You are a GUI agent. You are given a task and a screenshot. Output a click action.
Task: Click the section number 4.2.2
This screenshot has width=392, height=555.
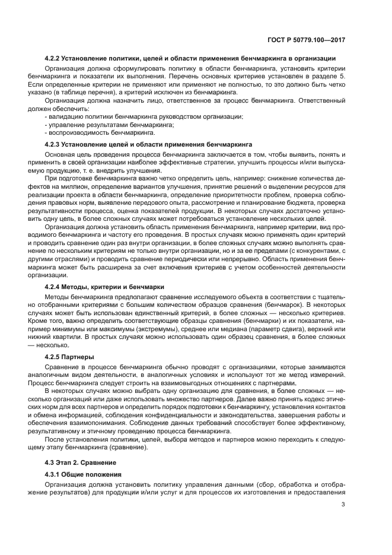point(55,58)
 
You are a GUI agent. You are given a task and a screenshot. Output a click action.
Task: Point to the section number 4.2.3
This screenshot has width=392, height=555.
point(55,144)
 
